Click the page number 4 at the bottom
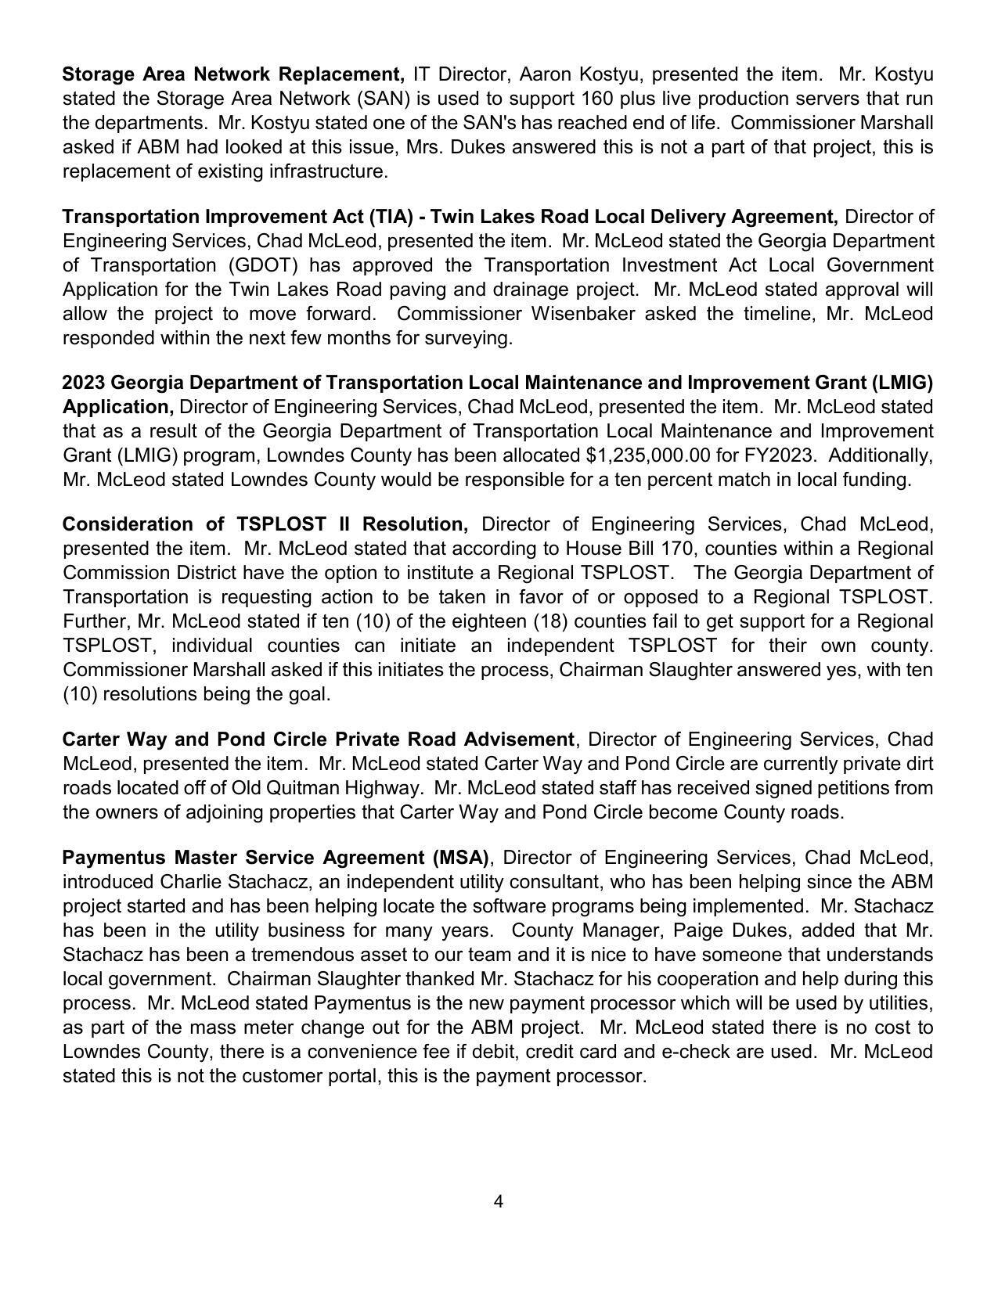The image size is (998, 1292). [x=498, y=1201]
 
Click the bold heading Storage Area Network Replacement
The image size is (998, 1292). [x=232, y=74]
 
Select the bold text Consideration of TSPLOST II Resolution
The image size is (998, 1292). [x=265, y=524]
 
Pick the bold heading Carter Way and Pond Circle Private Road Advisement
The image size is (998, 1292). [x=318, y=740]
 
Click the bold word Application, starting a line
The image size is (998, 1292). [x=118, y=407]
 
